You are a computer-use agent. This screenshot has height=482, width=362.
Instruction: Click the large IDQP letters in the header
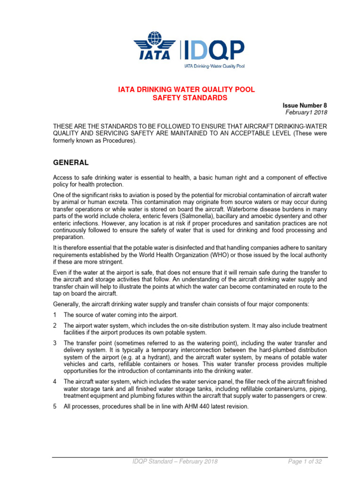tap(213, 49)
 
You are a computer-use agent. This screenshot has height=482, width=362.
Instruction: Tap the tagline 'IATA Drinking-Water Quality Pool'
tap(214, 66)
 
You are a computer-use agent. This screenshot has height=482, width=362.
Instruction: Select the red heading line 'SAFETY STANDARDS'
tap(182, 98)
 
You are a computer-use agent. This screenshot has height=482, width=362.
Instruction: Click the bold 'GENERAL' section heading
tap(70, 162)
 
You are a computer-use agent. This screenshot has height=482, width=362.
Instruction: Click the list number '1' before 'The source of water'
tap(55, 315)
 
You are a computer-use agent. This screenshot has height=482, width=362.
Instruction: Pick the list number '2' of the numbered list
tap(55, 325)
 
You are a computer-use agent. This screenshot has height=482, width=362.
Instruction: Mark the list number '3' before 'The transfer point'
tap(55, 343)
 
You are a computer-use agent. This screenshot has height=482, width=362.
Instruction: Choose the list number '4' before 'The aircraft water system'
tap(55, 382)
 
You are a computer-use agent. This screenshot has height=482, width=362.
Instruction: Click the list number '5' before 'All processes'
tap(55, 406)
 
